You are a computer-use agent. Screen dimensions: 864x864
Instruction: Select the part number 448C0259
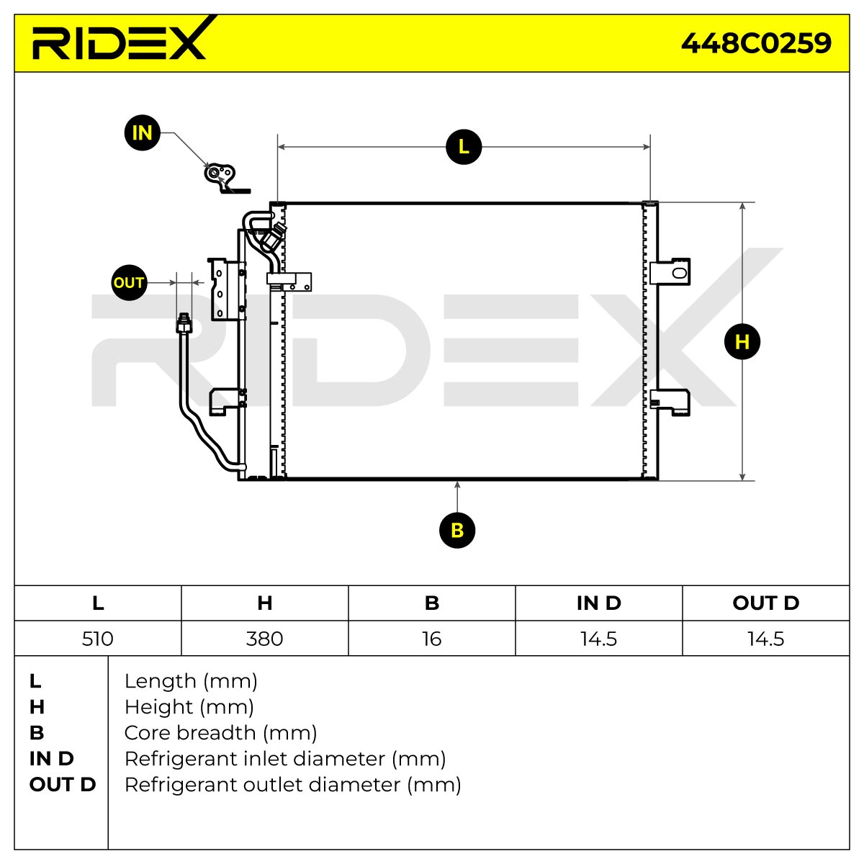(x=755, y=43)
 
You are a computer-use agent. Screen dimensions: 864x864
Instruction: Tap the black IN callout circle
(x=142, y=132)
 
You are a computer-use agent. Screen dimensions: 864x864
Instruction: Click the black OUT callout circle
(x=129, y=282)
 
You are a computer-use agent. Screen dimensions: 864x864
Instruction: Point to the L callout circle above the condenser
(x=464, y=147)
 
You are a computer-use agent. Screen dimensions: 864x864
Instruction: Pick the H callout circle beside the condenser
(x=742, y=342)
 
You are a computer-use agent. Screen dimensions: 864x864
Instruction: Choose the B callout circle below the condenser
(x=457, y=531)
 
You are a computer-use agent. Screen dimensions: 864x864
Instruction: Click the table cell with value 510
(x=98, y=639)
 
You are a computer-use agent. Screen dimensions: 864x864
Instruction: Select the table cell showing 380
(x=264, y=639)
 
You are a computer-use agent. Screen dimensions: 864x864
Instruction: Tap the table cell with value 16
(x=432, y=639)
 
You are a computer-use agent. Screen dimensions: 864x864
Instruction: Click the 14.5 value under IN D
(x=598, y=639)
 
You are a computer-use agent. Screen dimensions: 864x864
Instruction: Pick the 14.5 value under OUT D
(x=765, y=639)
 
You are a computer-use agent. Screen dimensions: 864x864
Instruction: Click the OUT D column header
(x=766, y=603)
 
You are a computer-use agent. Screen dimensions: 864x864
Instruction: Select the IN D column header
(x=598, y=603)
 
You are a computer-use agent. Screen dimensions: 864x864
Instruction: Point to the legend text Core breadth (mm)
(x=220, y=733)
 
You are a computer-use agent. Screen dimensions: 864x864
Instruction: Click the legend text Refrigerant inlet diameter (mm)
(x=285, y=759)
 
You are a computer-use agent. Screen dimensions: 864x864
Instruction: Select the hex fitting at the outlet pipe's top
(x=184, y=323)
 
